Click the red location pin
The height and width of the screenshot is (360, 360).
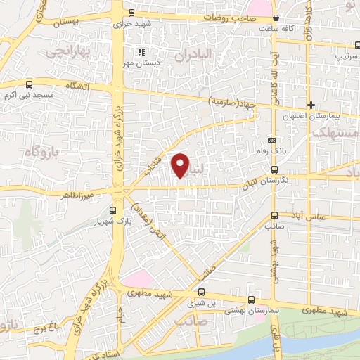pyautogui.click(x=181, y=165)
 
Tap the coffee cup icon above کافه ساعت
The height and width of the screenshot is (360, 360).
pyautogui.click(x=275, y=18)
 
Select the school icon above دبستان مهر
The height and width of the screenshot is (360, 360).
pyautogui.click(x=141, y=51)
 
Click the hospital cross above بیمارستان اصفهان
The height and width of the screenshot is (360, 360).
pyautogui.click(x=311, y=105)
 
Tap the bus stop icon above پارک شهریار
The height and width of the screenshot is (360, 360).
pyautogui.click(x=114, y=210)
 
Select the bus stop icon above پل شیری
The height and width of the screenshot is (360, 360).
pyautogui.click(x=202, y=292)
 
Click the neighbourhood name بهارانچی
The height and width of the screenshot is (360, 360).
pyautogui.click(x=63, y=51)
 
